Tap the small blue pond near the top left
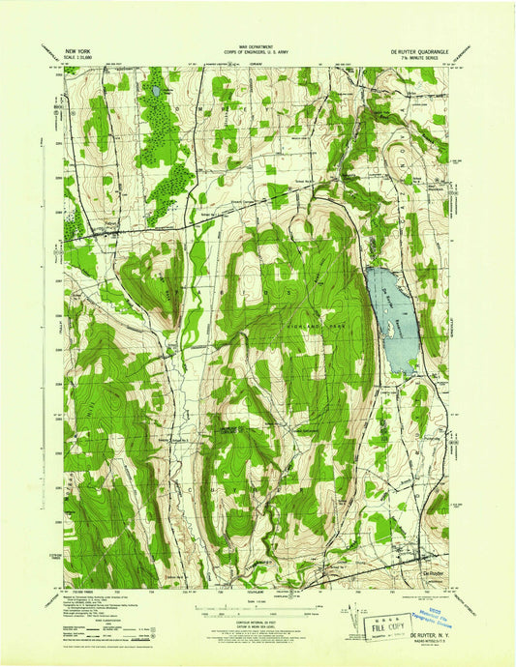click(154, 92)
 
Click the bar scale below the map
click(258, 606)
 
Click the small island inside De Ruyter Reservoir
click(393, 329)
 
